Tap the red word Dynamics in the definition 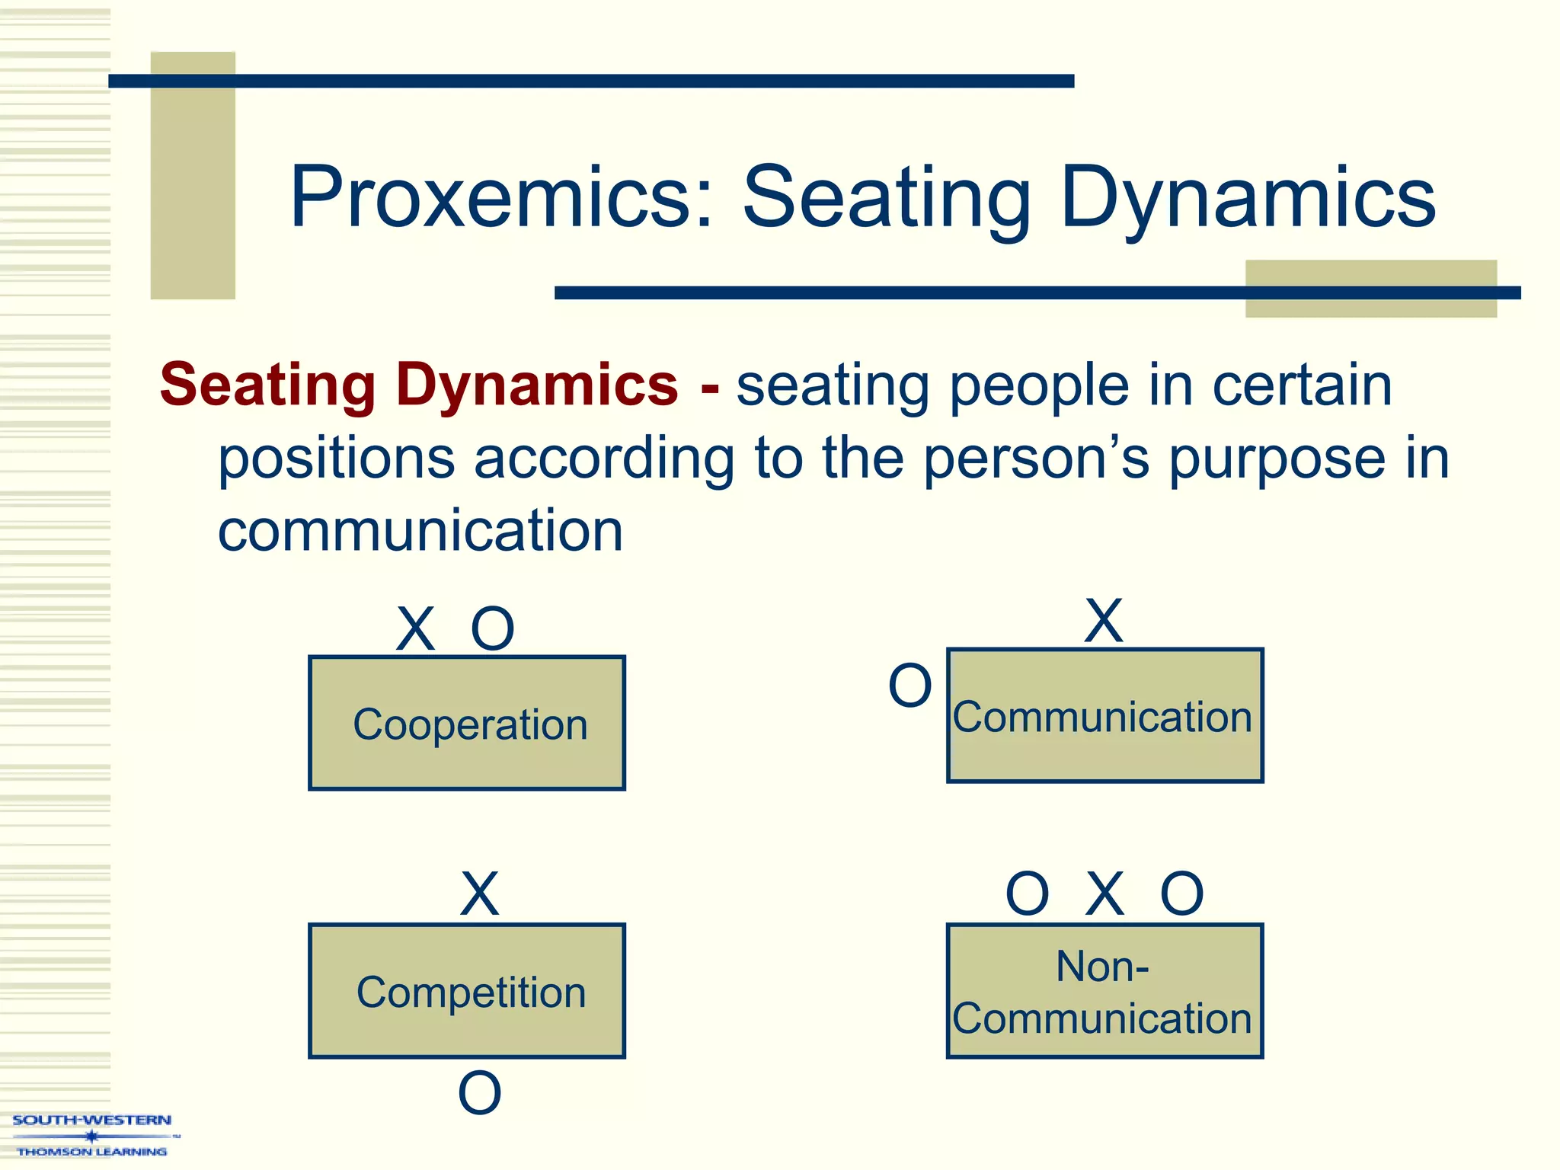pos(536,385)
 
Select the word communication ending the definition pos(420,531)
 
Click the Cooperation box pos(467,723)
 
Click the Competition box pos(467,991)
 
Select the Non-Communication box pos(1104,991)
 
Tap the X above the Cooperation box pos(416,629)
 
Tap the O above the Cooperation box pos(493,629)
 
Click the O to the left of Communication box pos(910,686)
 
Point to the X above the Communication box pos(1104,621)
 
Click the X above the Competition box pos(480,894)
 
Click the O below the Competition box pos(480,1093)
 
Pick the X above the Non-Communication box pos(1104,894)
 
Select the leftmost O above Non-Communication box pos(1028,894)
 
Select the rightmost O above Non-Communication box pos(1181,894)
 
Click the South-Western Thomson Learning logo pos(91,1135)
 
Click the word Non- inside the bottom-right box pos(1102,967)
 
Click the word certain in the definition pos(1302,385)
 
